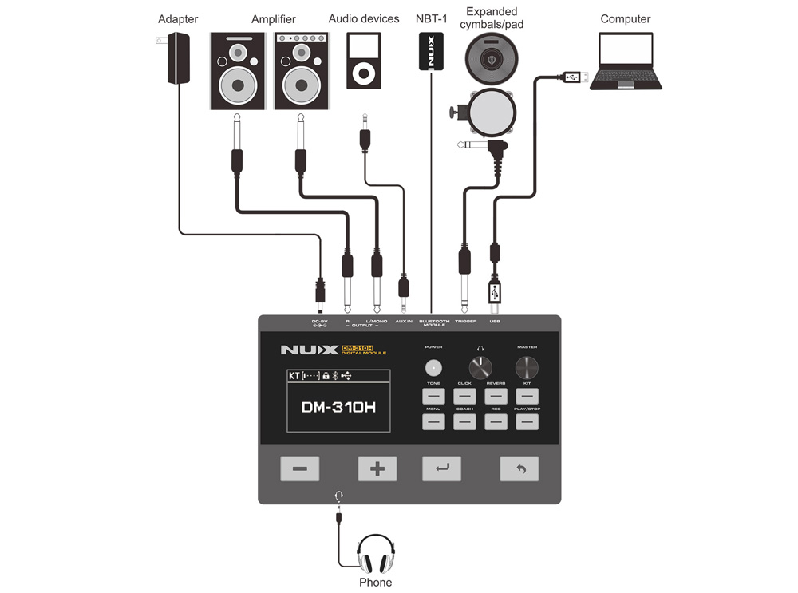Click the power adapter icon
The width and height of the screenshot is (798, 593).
(x=178, y=58)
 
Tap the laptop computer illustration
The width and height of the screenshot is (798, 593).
(x=626, y=61)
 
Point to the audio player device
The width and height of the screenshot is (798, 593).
(x=363, y=61)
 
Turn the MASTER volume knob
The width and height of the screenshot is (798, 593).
(x=527, y=368)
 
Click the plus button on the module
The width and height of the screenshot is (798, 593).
(x=377, y=468)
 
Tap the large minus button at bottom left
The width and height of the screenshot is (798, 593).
(x=299, y=468)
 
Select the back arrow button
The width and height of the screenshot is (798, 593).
(x=519, y=468)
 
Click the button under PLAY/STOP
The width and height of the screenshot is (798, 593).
(x=527, y=422)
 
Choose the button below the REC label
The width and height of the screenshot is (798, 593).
(x=496, y=422)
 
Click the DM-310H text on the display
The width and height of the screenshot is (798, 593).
(x=338, y=407)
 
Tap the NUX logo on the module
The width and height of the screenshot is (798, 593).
(x=308, y=350)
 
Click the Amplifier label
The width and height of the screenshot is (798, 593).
(x=273, y=19)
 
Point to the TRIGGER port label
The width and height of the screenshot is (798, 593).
(x=465, y=322)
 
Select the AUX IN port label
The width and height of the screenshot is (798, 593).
(x=404, y=322)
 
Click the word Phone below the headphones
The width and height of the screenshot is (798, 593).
(x=375, y=583)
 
